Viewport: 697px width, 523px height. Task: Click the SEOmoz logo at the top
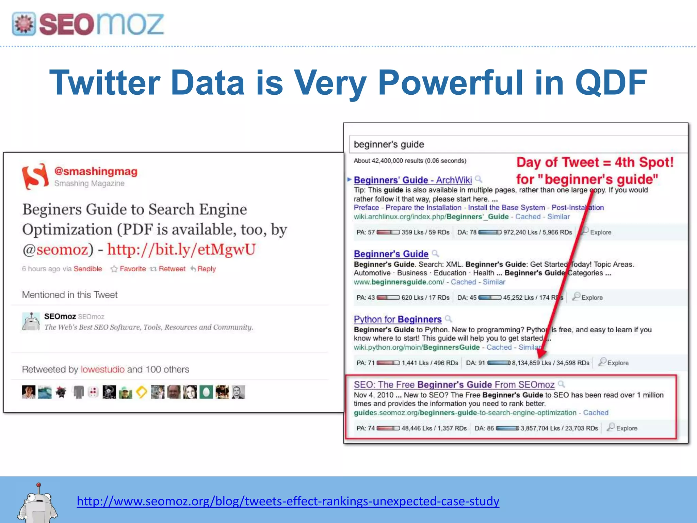(x=88, y=24)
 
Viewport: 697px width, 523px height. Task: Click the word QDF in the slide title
(x=611, y=83)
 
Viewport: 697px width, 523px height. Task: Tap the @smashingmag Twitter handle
(x=96, y=171)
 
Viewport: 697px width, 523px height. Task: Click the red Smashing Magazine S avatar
(x=35, y=176)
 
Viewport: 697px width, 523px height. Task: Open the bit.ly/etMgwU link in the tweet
(x=181, y=250)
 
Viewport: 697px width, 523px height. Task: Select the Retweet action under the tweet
(x=172, y=269)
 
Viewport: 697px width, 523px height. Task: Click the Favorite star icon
(x=114, y=269)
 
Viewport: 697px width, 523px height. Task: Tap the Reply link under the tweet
(x=207, y=269)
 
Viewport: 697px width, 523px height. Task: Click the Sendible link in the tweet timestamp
(x=88, y=269)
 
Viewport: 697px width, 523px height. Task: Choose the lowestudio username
(x=102, y=369)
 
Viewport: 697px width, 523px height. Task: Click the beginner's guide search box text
(x=389, y=144)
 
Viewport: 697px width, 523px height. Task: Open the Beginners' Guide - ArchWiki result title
(x=412, y=180)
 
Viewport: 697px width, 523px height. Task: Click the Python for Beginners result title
(x=398, y=319)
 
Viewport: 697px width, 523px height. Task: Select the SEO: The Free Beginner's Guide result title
(x=454, y=385)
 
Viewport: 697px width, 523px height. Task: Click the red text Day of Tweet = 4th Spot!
(x=595, y=162)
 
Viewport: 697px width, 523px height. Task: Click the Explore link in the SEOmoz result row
(x=626, y=428)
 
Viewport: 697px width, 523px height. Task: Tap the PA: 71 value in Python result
(x=366, y=363)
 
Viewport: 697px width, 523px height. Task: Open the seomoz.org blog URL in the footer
(x=288, y=501)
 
